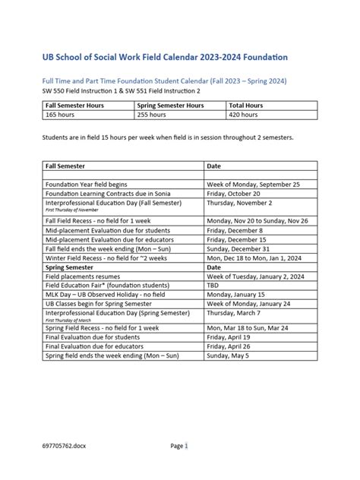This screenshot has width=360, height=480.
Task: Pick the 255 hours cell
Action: pos(152,115)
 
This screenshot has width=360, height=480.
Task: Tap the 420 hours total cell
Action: pos(245,115)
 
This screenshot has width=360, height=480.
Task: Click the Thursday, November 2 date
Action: pos(241,204)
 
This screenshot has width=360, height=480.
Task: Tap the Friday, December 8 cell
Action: pos(236,229)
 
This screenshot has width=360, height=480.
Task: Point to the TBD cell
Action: pos(215,286)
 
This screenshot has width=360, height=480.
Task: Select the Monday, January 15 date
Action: pos(238,295)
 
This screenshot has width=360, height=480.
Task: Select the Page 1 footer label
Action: pos(178,446)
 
